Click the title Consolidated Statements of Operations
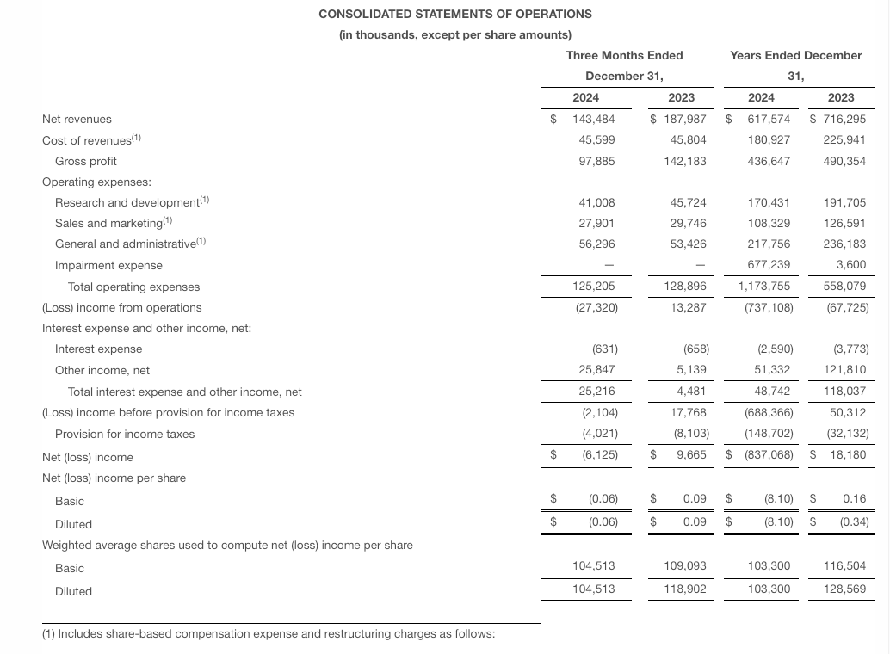(x=454, y=14)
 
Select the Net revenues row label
(x=77, y=120)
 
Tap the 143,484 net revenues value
(x=594, y=120)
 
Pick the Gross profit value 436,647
(x=769, y=161)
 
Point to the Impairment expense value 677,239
(x=769, y=265)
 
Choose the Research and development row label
(x=127, y=202)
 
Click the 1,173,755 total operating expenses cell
(x=765, y=287)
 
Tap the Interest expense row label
(x=98, y=349)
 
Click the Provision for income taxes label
(x=125, y=434)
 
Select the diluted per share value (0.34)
(x=854, y=521)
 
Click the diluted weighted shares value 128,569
(x=845, y=590)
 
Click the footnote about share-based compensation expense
(x=268, y=634)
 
